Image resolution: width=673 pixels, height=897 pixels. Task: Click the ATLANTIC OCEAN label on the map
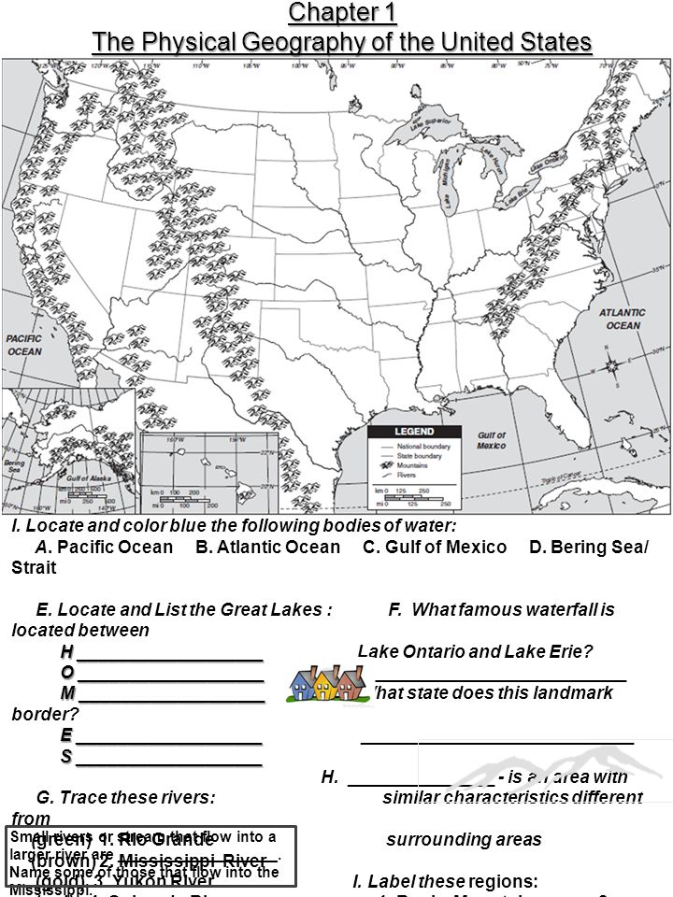[622, 319]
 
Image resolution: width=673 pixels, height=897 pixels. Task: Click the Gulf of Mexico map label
[491, 440]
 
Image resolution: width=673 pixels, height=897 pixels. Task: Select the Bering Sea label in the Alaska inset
[14, 463]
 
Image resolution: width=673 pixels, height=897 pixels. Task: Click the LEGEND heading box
[414, 432]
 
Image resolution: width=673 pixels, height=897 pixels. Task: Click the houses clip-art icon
[323, 683]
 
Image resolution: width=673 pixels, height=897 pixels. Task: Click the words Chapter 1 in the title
[343, 13]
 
